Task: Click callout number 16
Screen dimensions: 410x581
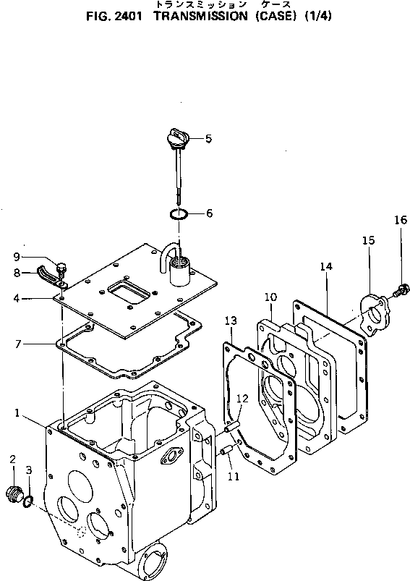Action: pyautogui.click(x=401, y=220)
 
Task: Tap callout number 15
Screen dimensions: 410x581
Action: pyautogui.click(x=368, y=240)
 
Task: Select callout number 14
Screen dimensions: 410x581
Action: pyautogui.click(x=326, y=266)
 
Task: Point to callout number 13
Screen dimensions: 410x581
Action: pyautogui.click(x=231, y=321)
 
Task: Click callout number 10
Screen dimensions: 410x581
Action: pyautogui.click(x=270, y=297)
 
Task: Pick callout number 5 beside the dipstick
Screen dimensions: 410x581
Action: pyautogui.click(x=208, y=139)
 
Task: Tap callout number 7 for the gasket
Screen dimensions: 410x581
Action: pyautogui.click(x=18, y=344)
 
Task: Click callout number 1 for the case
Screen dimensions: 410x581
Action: pyautogui.click(x=17, y=412)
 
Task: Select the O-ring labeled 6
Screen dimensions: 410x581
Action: pyautogui.click(x=179, y=213)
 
